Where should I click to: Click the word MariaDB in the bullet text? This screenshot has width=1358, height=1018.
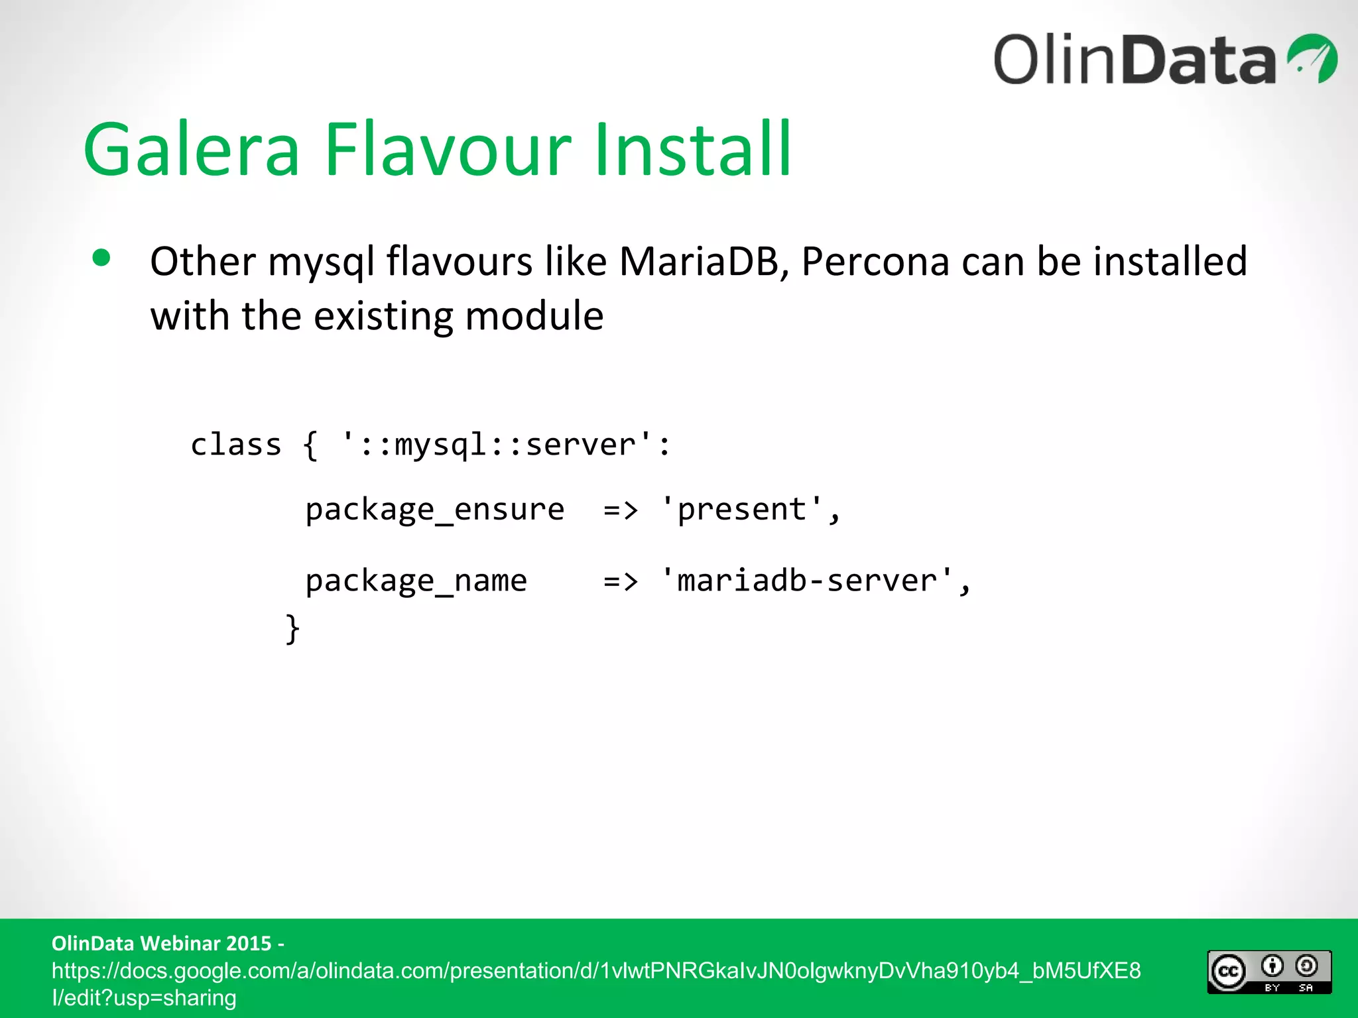click(699, 261)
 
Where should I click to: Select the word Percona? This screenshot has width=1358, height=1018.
click(875, 261)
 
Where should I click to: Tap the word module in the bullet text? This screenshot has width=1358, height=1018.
click(534, 315)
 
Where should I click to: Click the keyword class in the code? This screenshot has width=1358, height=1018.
click(235, 445)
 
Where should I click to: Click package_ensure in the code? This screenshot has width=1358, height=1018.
click(434, 510)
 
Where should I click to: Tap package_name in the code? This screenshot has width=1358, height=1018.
click(416, 581)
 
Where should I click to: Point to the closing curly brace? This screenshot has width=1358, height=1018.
click(292, 628)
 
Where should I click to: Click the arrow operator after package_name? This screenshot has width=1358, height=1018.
click(621, 581)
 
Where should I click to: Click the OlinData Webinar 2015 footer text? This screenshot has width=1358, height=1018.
click(168, 943)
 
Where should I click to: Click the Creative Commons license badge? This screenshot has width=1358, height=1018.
click(1269, 972)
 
